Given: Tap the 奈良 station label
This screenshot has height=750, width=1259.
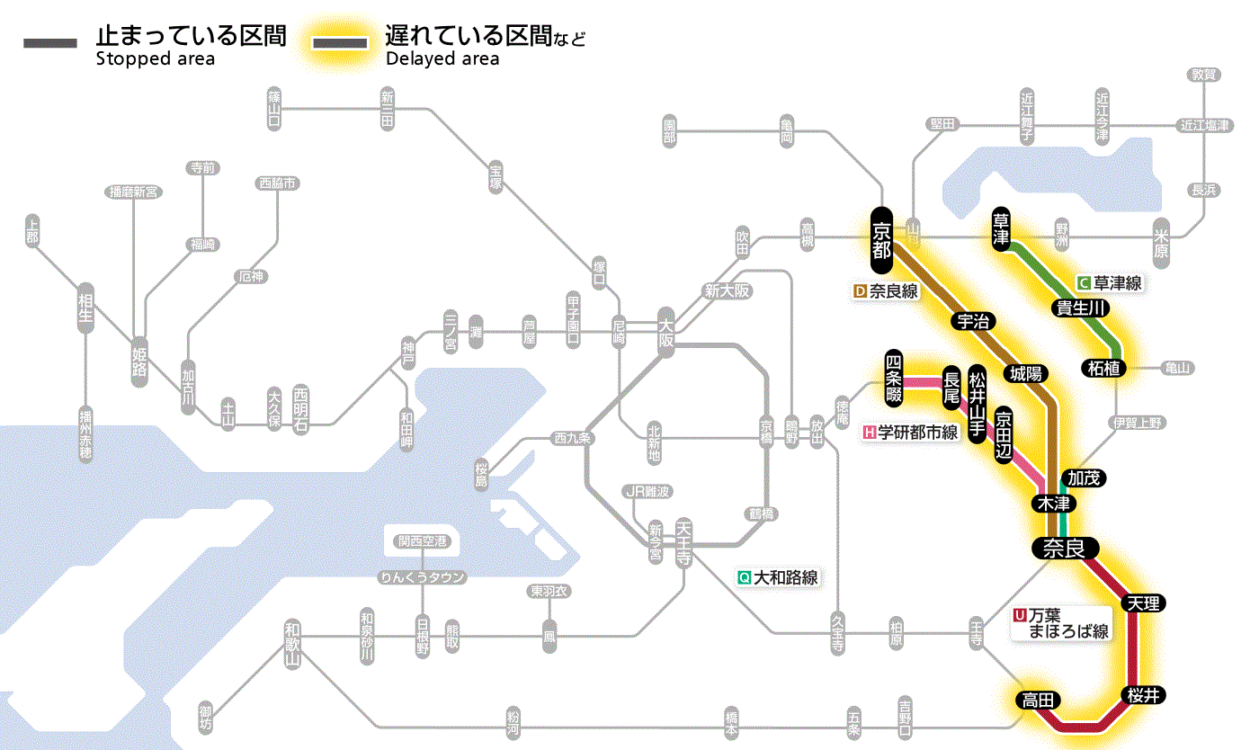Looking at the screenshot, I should [x=1064, y=548].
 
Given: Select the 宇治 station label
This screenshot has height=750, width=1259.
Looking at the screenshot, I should [x=973, y=322].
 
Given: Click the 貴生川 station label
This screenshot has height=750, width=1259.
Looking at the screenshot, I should [x=1080, y=308].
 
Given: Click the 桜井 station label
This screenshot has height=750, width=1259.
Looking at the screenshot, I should [x=1142, y=695].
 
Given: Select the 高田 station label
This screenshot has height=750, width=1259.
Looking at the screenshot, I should [x=1039, y=700].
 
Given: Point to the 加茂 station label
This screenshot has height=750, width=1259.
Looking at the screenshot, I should [x=1082, y=478].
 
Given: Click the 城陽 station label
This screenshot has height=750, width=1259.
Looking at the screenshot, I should [x=1025, y=373].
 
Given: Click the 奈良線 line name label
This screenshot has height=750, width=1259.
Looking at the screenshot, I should [x=893, y=291].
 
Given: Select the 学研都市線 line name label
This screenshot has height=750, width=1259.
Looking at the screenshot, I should [x=917, y=432].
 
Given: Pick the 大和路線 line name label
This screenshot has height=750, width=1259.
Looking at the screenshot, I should [x=785, y=577].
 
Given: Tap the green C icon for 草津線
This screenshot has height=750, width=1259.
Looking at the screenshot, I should [x=1084, y=282].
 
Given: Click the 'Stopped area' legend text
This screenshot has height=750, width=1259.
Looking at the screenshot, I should [x=155, y=59].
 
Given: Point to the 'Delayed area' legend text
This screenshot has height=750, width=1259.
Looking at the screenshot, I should [x=442, y=59].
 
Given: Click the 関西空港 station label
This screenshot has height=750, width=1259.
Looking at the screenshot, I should [x=423, y=541].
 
